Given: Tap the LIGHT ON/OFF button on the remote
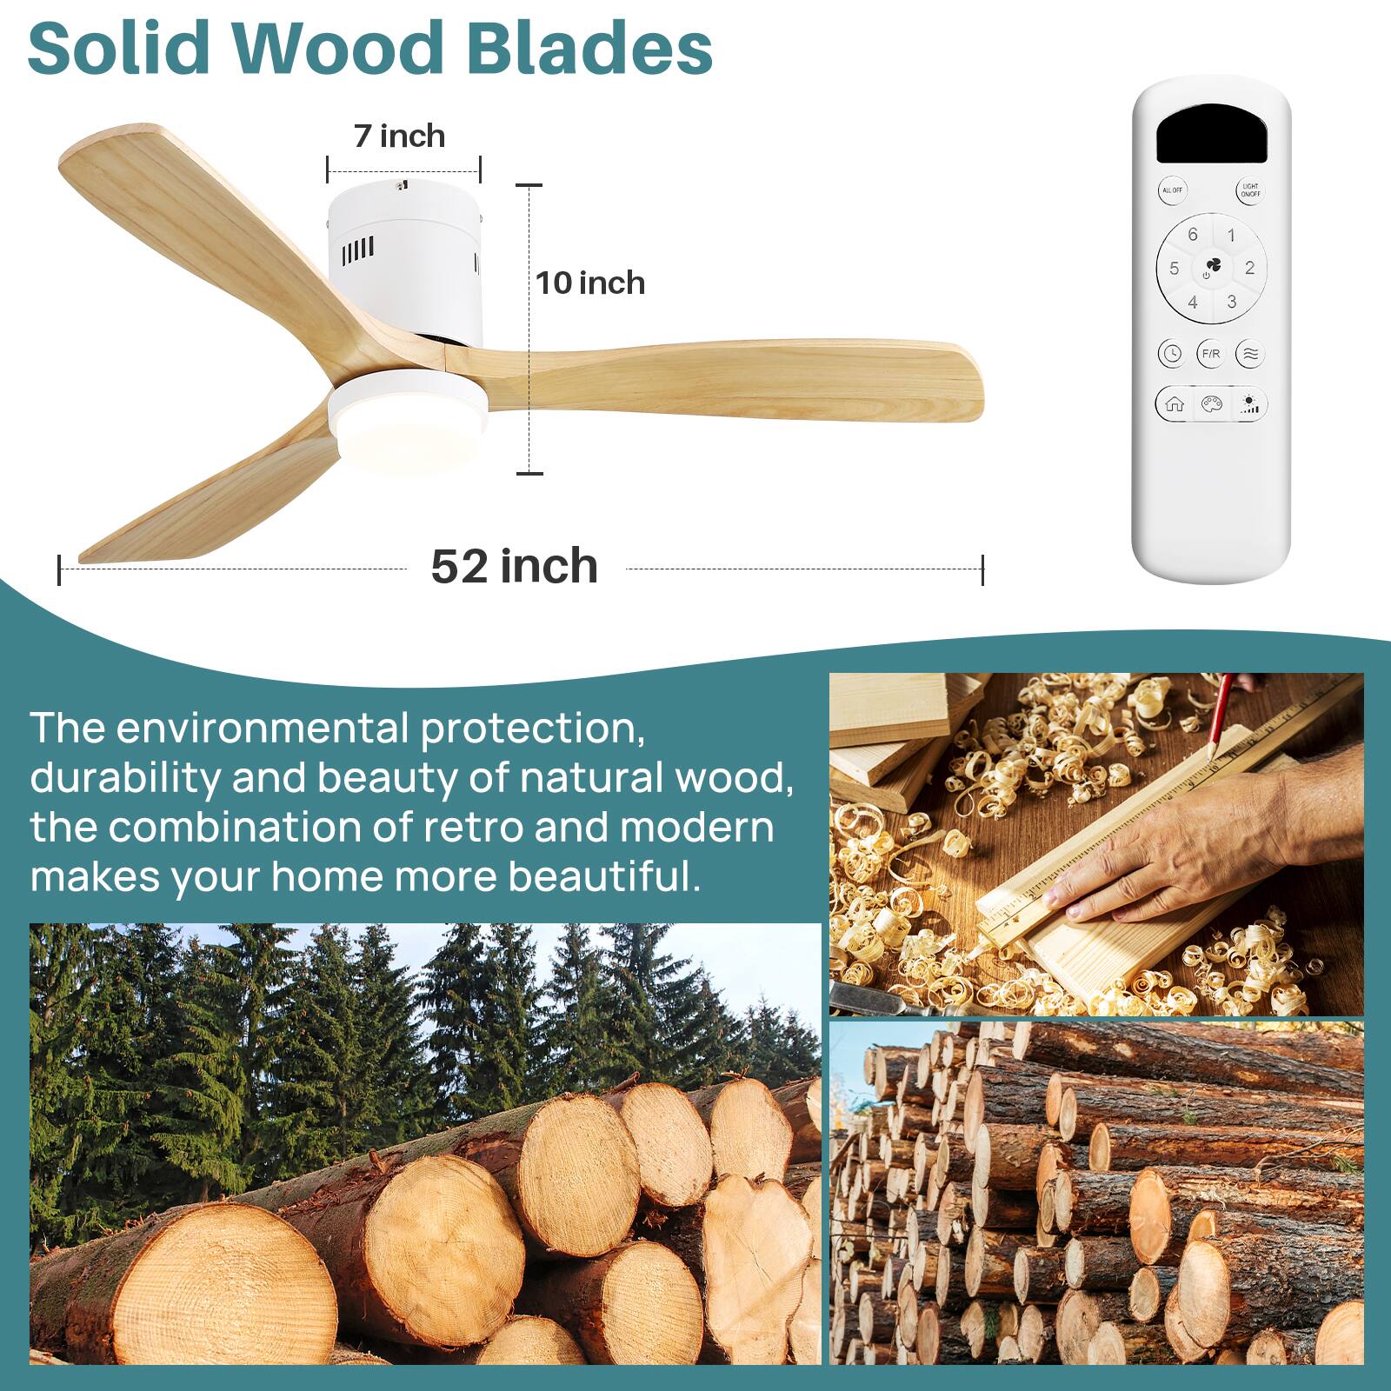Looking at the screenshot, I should pyautogui.click(x=1249, y=190).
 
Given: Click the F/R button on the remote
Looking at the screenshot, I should pyautogui.click(x=1210, y=354).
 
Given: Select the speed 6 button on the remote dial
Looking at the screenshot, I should pyautogui.click(x=1192, y=235).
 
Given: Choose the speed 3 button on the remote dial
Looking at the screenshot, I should pyautogui.click(x=1231, y=302).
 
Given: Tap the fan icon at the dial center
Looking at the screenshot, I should pyautogui.click(x=1212, y=266).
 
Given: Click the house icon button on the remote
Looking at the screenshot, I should pyautogui.click(x=1175, y=404).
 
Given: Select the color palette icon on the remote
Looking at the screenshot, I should pyautogui.click(x=1211, y=404).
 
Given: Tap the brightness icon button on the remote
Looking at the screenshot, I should pyautogui.click(x=1249, y=404).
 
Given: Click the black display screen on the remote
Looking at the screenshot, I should pyautogui.click(x=1211, y=135).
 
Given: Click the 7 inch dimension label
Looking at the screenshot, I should pyautogui.click(x=399, y=136).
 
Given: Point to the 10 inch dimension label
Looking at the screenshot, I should pyautogui.click(x=590, y=283).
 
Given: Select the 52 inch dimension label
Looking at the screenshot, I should pyautogui.click(x=514, y=567).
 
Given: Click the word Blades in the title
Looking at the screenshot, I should pyautogui.click(x=589, y=48).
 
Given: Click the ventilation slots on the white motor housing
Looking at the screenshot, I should pyautogui.click(x=357, y=251).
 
